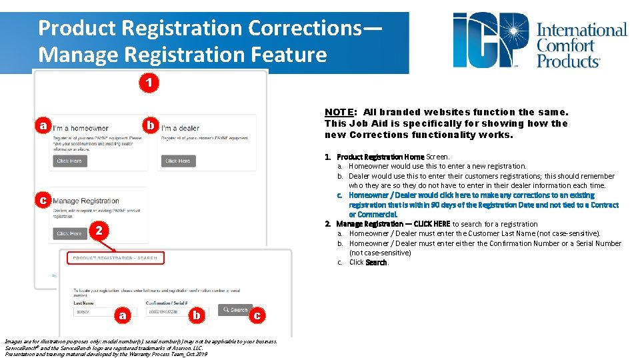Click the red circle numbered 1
tap(150, 83)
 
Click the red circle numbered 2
tap(97, 231)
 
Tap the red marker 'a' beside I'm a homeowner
tap(43, 125)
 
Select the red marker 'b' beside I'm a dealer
tap(151, 125)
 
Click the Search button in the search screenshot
tap(235, 310)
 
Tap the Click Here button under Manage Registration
tap(69, 233)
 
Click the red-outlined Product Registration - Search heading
tap(115, 258)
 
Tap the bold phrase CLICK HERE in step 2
tap(432, 224)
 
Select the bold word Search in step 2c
tap(377, 263)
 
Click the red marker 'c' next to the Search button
tap(257, 315)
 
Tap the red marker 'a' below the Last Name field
tap(121, 315)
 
